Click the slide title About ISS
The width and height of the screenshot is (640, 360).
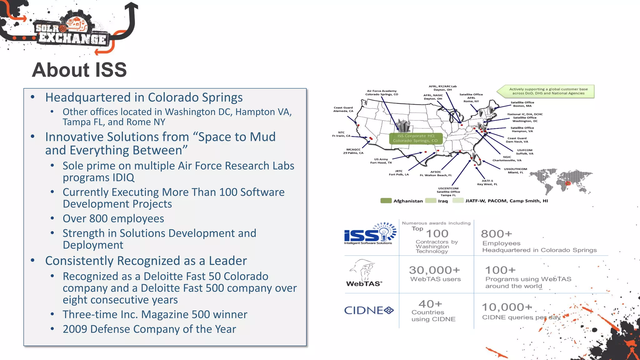coord(79,70)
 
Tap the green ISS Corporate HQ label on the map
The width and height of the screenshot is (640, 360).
coord(416,138)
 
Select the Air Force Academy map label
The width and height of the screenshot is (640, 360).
coord(382,92)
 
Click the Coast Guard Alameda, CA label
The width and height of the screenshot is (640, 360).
coord(343,109)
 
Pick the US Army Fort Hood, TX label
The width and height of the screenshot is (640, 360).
coord(381,161)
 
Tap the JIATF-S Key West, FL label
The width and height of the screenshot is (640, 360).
coord(487,182)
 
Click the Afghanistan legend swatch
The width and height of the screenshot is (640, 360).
coord(386,201)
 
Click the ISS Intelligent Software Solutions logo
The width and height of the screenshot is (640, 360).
coord(370,234)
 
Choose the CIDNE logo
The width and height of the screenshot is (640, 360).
coord(369,310)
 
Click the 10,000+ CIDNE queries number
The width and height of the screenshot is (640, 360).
coord(506,307)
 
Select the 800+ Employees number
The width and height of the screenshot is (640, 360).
coord(496,234)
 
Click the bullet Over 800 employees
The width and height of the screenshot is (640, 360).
coord(113,218)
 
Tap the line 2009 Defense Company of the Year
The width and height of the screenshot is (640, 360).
coord(149,329)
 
